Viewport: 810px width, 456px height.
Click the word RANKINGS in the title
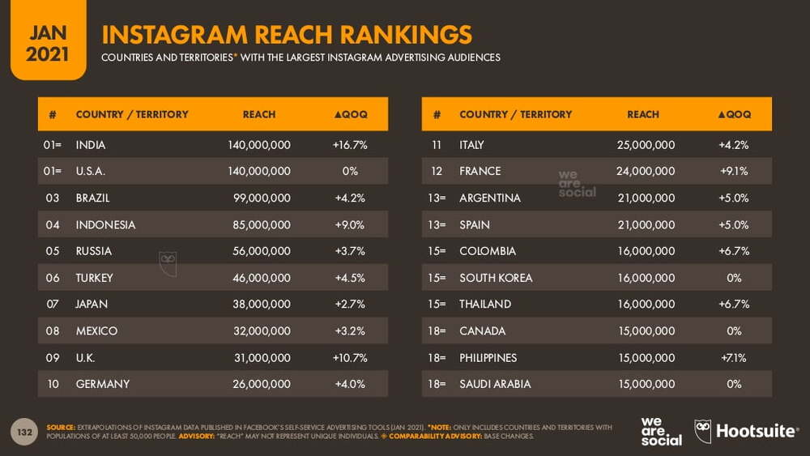pyautogui.click(x=406, y=35)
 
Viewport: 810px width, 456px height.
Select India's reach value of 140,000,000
pyautogui.click(x=258, y=145)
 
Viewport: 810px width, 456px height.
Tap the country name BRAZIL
pyautogui.click(x=92, y=198)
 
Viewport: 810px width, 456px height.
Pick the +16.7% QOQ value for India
pyautogui.click(x=350, y=145)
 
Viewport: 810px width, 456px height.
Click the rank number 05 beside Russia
pyautogui.click(x=53, y=251)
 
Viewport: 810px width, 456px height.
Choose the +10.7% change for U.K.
pyautogui.click(x=350, y=357)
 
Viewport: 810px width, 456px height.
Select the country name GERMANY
pyautogui.click(x=102, y=384)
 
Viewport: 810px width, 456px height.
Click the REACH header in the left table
pyautogui.click(x=259, y=114)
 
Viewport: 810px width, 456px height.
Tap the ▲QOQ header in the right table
pyautogui.click(x=734, y=114)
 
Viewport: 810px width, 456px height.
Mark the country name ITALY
pyautogui.click(x=471, y=145)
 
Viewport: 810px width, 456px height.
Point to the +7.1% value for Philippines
pyautogui.click(x=734, y=357)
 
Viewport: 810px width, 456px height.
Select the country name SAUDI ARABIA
pyautogui.click(x=495, y=384)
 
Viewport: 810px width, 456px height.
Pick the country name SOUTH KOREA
pyautogui.click(x=496, y=278)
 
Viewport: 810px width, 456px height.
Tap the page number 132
pyautogui.click(x=24, y=432)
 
